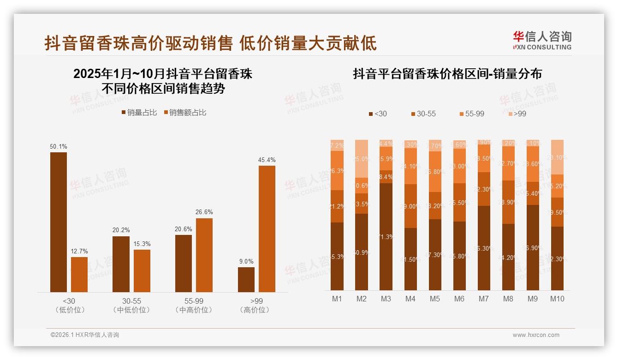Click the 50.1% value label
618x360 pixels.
click(x=59, y=147)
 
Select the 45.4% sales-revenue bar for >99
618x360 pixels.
click(x=267, y=228)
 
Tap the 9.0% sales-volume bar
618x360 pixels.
click(x=246, y=279)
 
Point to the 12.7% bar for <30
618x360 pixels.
click(x=79, y=274)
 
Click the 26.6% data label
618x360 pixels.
click(x=204, y=212)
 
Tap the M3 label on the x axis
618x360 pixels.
click(x=386, y=299)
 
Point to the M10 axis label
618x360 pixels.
click(x=557, y=299)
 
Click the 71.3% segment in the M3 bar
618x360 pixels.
click(x=386, y=236)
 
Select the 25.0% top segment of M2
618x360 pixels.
click(x=362, y=159)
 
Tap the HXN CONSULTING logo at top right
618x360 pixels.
click(x=542, y=41)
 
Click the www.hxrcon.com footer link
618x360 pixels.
click(x=536, y=335)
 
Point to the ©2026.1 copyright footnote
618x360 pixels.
click(x=85, y=335)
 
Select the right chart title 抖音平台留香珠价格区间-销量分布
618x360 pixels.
click(x=447, y=74)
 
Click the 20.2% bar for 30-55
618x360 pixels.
click(x=121, y=264)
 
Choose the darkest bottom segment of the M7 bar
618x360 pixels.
click(x=484, y=248)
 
